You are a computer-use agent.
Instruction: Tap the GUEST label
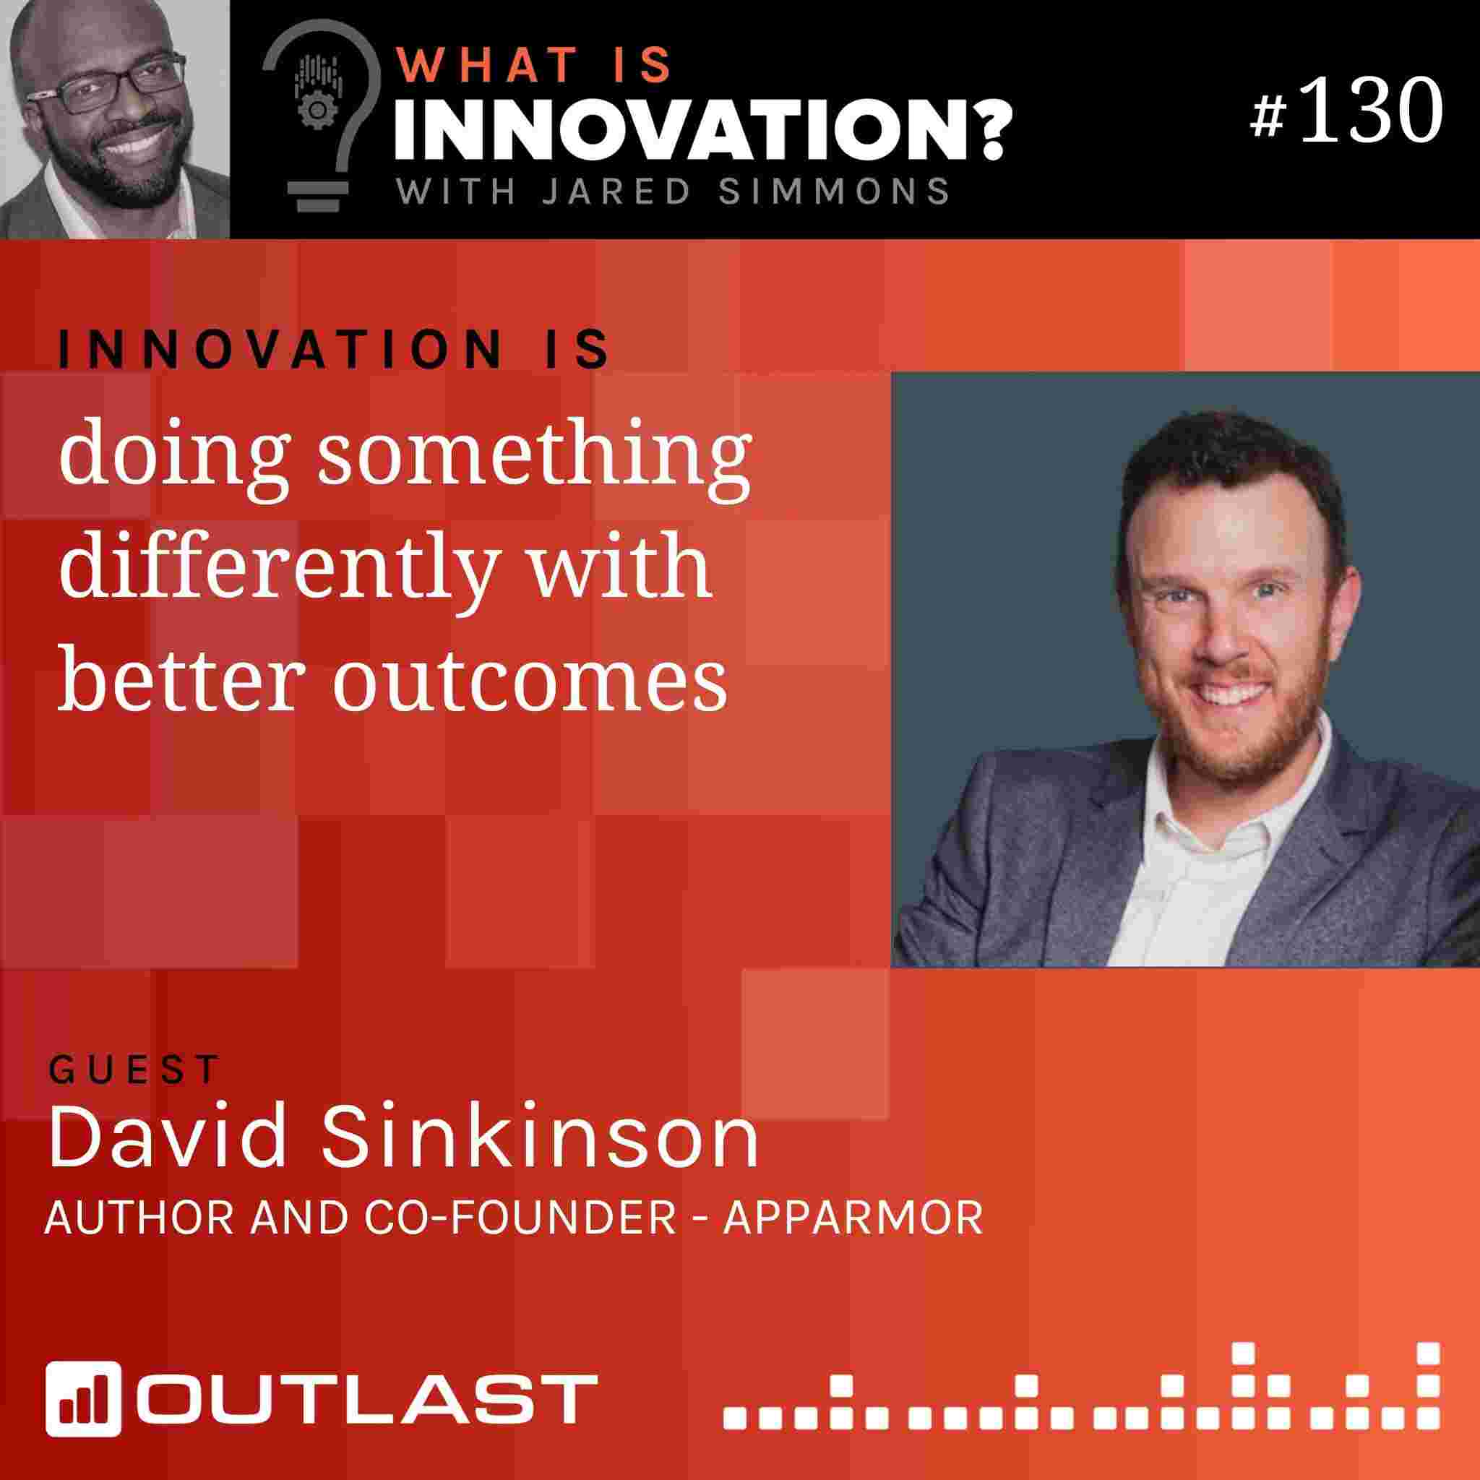tap(134, 1070)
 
